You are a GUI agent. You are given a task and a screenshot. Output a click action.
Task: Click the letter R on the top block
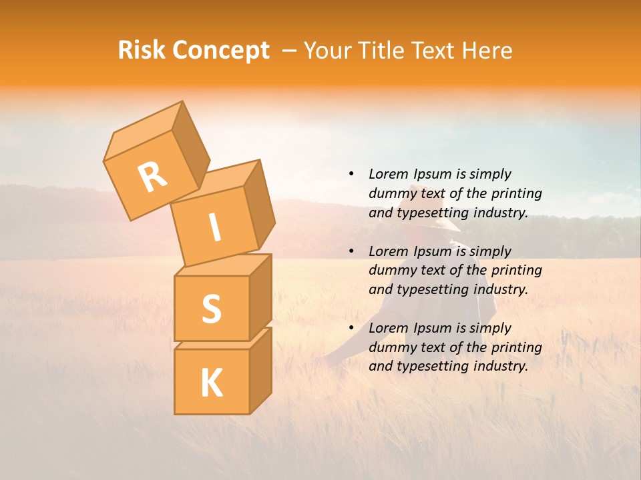(152, 177)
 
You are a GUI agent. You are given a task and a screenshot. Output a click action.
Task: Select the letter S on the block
(211, 309)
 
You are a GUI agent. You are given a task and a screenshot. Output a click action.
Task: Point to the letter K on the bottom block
(211, 383)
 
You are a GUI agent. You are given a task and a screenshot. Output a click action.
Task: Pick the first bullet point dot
(351, 174)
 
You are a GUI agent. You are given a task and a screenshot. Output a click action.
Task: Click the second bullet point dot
(351, 251)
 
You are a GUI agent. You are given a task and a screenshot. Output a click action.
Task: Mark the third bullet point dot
(351, 328)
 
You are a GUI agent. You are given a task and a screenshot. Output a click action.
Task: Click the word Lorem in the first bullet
(388, 174)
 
